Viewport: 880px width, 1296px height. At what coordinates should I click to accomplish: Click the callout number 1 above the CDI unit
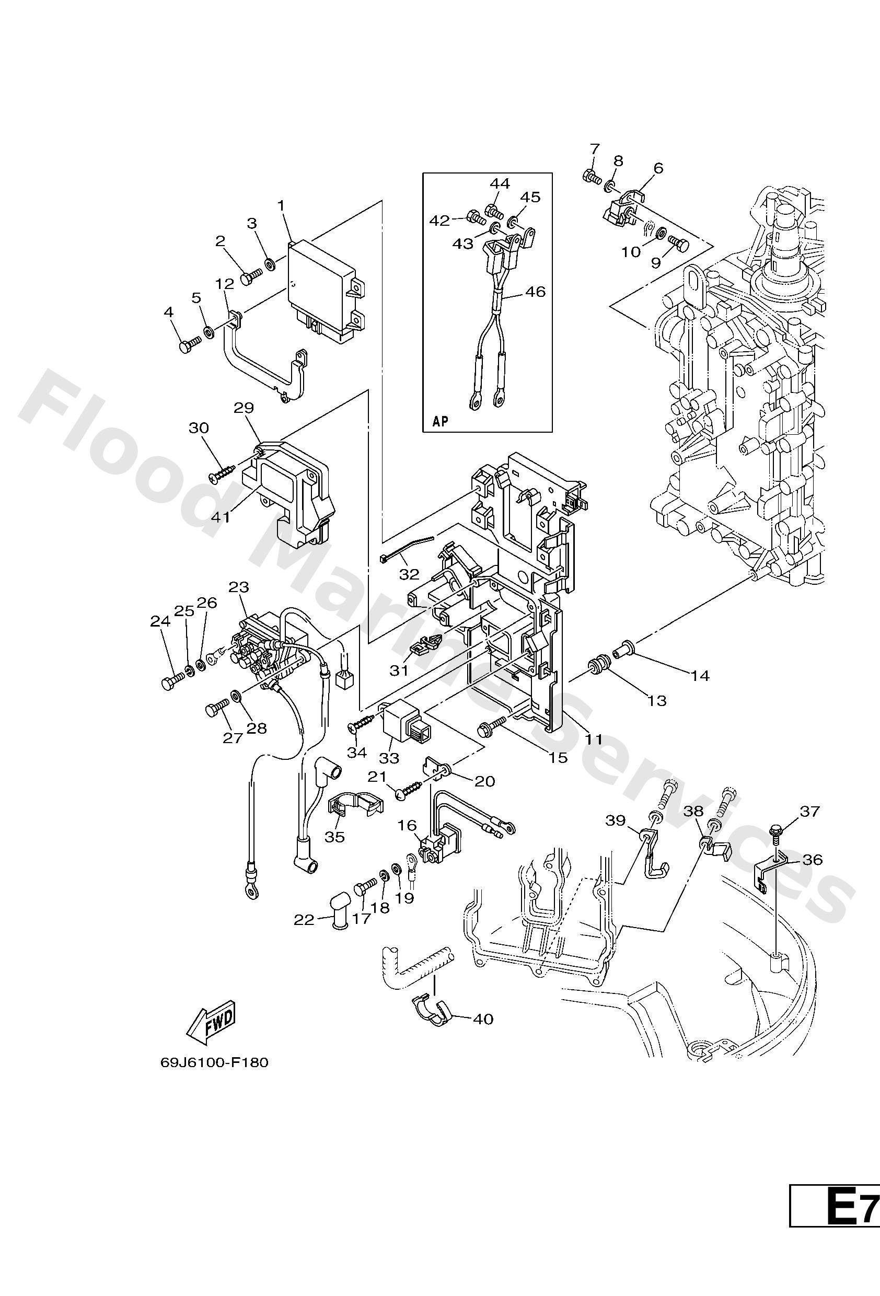[x=282, y=205]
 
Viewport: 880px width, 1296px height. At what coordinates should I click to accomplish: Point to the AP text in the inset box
[x=440, y=421]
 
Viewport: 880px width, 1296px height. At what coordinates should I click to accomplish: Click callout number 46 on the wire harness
[x=535, y=292]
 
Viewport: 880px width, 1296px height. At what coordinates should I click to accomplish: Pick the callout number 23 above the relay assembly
[x=239, y=587]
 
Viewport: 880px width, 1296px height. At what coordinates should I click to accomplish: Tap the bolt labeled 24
[x=172, y=681]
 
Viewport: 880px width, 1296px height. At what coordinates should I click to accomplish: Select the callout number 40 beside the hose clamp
[x=483, y=1019]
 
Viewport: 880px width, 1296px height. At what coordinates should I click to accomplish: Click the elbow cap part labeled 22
[x=338, y=915]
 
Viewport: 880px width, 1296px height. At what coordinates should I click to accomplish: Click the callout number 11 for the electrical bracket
[x=593, y=739]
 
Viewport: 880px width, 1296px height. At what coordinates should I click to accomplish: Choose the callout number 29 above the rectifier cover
[x=244, y=408]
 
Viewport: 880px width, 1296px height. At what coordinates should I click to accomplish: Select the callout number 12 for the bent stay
[x=225, y=283]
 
